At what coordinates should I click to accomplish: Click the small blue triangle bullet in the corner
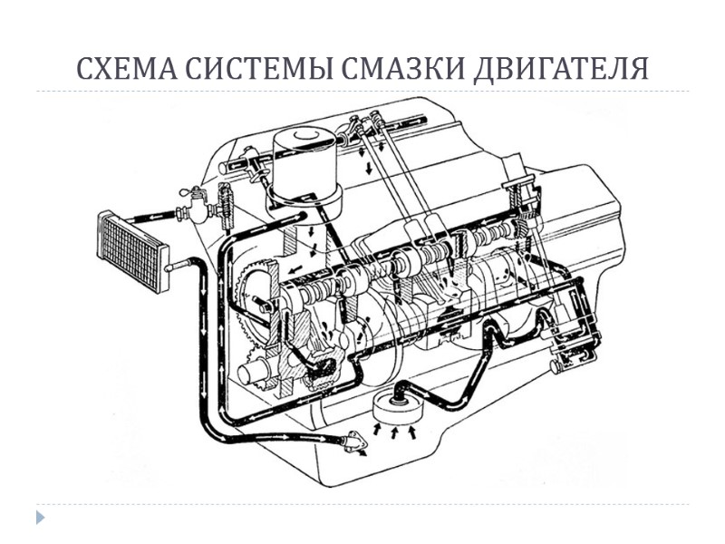point(39,518)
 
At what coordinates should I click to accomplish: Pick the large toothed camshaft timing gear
point(256,298)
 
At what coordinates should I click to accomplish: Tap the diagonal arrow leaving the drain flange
point(362,453)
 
